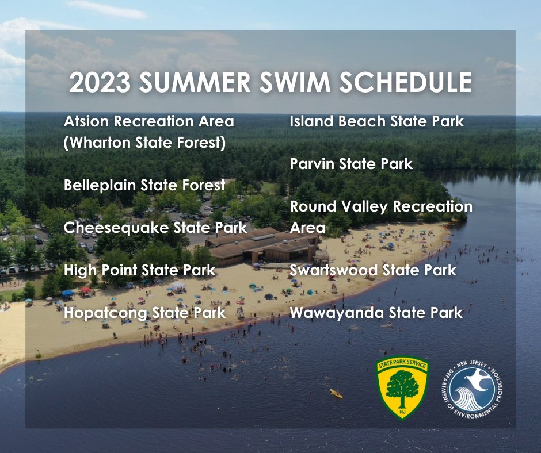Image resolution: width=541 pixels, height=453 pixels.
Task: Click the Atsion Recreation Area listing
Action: pyautogui.click(x=149, y=122)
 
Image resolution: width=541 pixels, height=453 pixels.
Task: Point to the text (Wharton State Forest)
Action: pyautogui.click(x=144, y=142)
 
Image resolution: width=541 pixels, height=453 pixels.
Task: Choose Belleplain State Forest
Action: pyautogui.click(x=144, y=185)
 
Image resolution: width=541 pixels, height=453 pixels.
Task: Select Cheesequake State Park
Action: pyautogui.click(x=155, y=227)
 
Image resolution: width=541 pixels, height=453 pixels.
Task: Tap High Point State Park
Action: pyautogui.click(x=139, y=270)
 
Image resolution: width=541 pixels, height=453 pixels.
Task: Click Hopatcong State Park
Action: pyautogui.click(x=144, y=313)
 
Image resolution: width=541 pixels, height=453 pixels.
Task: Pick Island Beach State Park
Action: pyautogui.click(x=376, y=122)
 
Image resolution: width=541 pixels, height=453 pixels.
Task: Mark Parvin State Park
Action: pyautogui.click(x=351, y=164)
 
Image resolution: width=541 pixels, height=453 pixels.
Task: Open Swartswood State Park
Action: pyautogui.click(x=373, y=270)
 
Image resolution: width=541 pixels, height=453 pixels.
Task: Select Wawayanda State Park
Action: pyautogui.click(x=376, y=313)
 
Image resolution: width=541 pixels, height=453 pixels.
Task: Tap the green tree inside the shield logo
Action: pyautogui.click(x=402, y=384)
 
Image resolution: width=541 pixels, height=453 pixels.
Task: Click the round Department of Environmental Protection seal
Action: pyautogui.click(x=473, y=389)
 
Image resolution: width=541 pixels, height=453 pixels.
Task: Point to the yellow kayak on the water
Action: pyautogui.click(x=336, y=394)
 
